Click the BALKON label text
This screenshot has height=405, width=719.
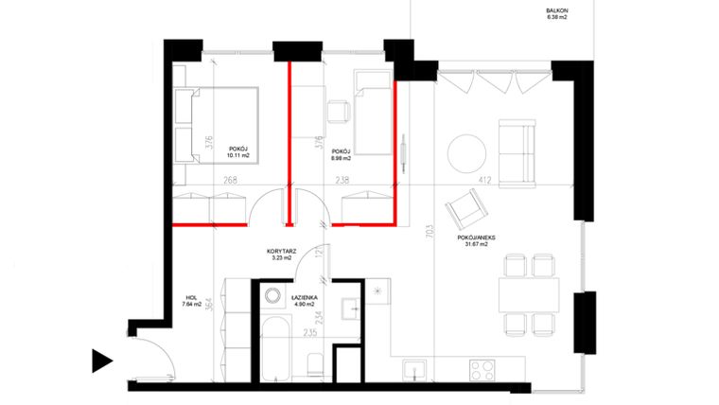[x=557, y=12]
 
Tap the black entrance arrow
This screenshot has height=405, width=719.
[x=102, y=360]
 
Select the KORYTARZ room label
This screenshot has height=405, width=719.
[x=281, y=252]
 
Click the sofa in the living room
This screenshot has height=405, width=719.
[x=518, y=152]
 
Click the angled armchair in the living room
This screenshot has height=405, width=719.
[x=465, y=207]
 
